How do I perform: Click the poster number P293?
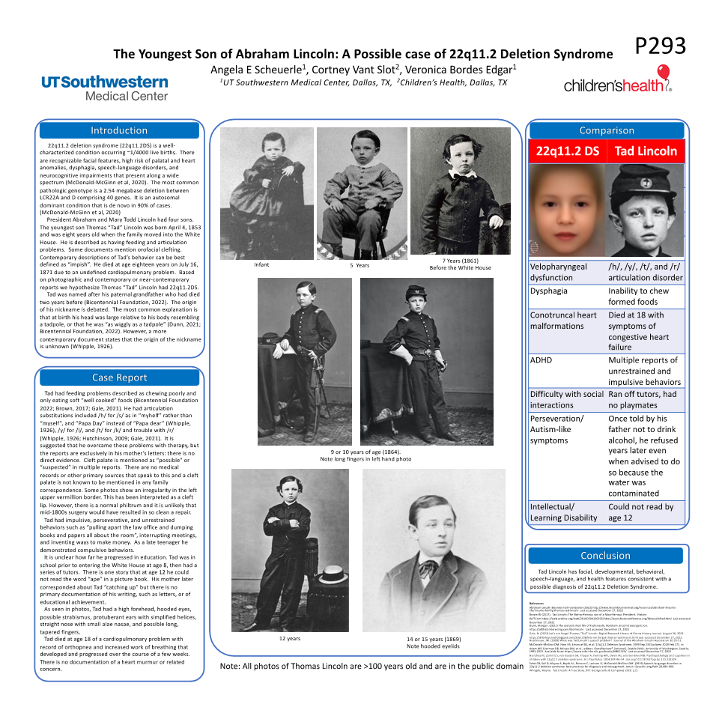pyautogui.click(x=660, y=46)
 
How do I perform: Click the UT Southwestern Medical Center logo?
pyautogui.click(x=105, y=88)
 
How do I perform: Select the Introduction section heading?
pyautogui.click(x=120, y=131)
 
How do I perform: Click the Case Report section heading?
pyautogui.click(x=120, y=377)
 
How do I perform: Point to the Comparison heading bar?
pyautogui.click(x=607, y=130)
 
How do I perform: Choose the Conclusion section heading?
pyautogui.click(x=605, y=556)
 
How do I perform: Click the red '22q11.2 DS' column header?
pyautogui.click(x=568, y=151)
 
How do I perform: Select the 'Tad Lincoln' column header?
pyautogui.click(x=646, y=151)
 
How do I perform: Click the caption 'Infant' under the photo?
pyautogui.click(x=261, y=265)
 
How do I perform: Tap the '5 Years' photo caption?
pyautogui.click(x=360, y=265)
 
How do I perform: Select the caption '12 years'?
pyautogui.click(x=289, y=639)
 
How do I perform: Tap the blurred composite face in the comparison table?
pyautogui.click(x=567, y=210)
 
